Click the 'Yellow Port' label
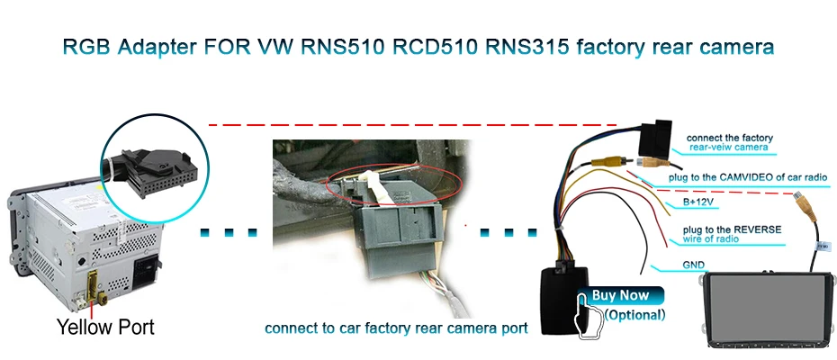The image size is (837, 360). pos(105,327)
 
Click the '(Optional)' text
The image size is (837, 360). pos(634,315)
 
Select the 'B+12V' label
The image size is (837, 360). pos(686,202)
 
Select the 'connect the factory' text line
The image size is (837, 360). pos(730,137)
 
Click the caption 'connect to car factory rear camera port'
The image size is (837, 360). pos(396,328)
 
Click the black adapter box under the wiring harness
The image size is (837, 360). pos(564,297)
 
